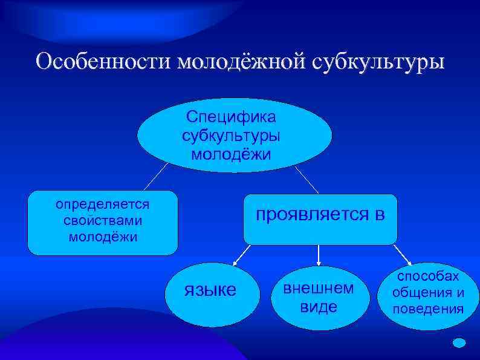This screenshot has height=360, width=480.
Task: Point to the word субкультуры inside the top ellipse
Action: [x=231, y=134]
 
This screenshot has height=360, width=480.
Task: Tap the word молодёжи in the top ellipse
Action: [x=231, y=153]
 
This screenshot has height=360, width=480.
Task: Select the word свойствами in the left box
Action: [x=103, y=219]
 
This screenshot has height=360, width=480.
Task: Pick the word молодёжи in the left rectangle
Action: [x=103, y=236]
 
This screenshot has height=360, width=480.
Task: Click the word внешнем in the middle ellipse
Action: [x=319, y=288]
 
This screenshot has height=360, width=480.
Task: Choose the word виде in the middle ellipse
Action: [x=319, y=307]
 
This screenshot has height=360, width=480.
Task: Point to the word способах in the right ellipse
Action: [x=428, y=276]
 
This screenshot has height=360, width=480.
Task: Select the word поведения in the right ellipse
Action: [x=428, y=310]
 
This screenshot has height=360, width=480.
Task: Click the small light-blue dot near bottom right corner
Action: [x=459, y=342]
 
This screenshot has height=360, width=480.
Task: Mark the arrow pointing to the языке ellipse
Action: [x=241, y=256]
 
